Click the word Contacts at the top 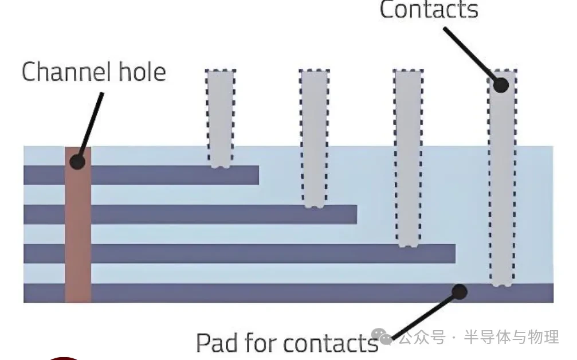point(429,10)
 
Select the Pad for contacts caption point(286,343)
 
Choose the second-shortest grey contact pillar point(314,138)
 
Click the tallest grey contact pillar point(502,183)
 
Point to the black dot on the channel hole point(77,161)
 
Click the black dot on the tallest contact point(501,85)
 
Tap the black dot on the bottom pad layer point(459,292)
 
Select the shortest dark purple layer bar point(172,175)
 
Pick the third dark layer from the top point(258,253)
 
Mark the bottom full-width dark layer point(286,293)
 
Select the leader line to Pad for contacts point(424,315)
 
